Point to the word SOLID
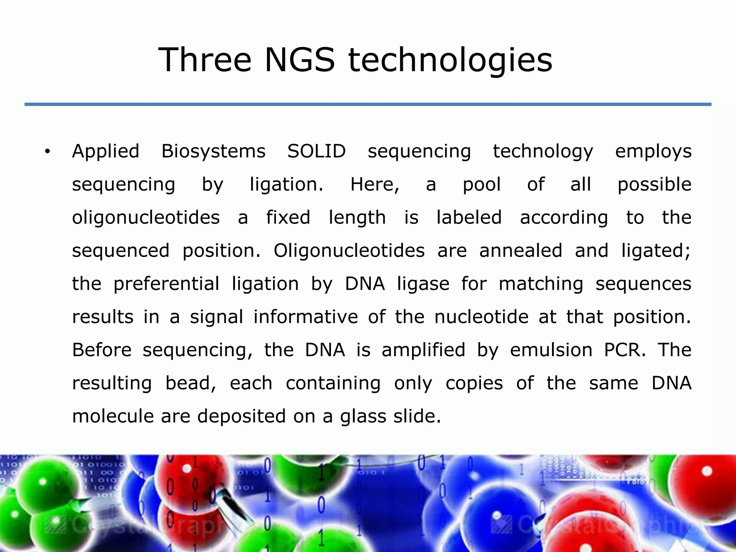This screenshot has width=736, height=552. point(316,151)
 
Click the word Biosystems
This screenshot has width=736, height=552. point(213,152)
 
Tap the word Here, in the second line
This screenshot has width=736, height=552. point(374,185)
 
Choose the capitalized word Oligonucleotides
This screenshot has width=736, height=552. point(349,251)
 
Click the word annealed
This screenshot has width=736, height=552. point(520,250)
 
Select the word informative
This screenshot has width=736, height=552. point(305,317)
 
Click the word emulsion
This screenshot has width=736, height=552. point(551,350)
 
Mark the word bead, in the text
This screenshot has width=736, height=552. point(190,383)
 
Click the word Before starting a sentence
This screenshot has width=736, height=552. point(102,350)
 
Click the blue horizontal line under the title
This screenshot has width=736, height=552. point(368,104)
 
